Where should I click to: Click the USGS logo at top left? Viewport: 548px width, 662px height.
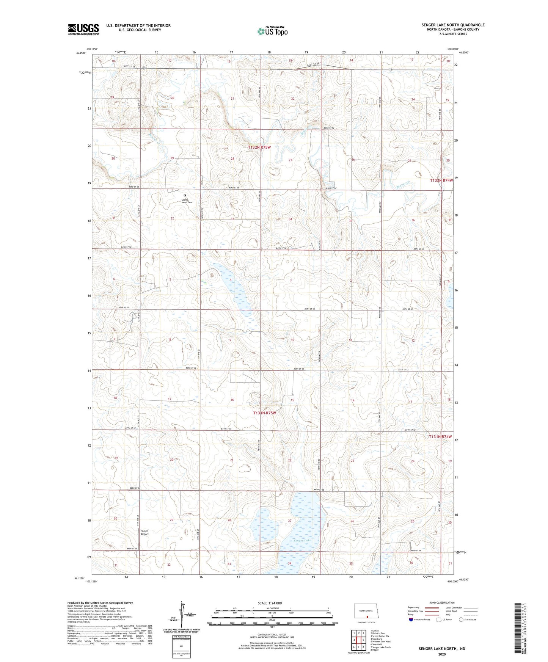83,29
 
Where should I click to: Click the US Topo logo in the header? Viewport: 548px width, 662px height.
272,31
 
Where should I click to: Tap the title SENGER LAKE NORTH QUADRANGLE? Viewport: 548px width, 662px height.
453,25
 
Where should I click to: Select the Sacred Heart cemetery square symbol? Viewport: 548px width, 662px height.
185,196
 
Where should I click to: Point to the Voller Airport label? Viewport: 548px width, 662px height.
144,532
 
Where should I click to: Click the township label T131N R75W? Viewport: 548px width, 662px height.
264,413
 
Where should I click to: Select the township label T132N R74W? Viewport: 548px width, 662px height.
441,180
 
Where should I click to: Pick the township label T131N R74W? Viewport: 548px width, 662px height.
440,436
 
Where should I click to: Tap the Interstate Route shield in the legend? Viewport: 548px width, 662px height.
411,620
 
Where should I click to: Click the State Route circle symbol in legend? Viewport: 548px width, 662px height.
461,620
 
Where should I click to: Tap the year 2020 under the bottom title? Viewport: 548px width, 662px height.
442,654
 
